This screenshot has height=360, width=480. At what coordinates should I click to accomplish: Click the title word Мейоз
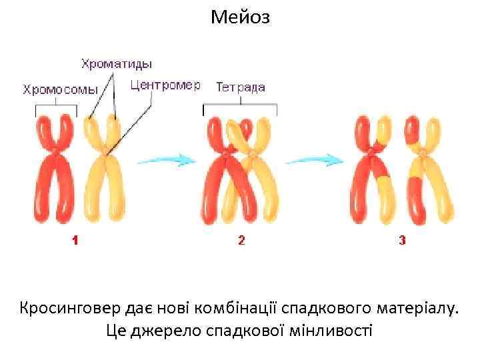click(x=240, y=17)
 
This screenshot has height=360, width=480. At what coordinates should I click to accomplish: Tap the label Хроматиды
click(x=117, y=64)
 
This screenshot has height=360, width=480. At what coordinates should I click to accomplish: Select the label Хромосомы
click(x=61, y=89)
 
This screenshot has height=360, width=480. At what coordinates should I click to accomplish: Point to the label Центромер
click(x=165, y=86)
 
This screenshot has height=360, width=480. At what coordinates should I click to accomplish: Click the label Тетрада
click(x=241, y=87)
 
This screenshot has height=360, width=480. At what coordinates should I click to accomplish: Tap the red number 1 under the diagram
click(x=75, y=241)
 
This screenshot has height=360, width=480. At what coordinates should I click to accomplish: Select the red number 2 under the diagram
click(x=241, y=241)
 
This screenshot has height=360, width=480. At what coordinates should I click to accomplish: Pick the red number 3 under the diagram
click(x=402, y=241)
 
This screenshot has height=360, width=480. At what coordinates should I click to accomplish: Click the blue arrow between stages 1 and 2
click(x=166, y=160)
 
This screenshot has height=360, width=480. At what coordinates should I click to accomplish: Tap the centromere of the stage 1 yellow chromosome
click(x=105, y=157)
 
